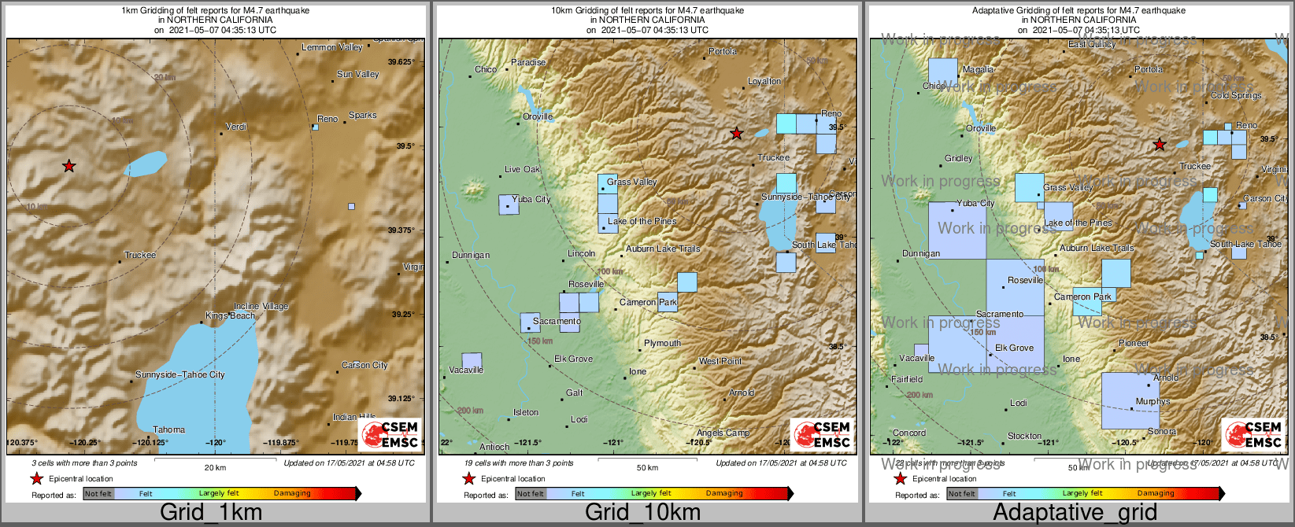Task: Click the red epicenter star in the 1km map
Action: (69, 166)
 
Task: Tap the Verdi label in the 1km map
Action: (236, 127)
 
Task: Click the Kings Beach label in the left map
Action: (230, 315)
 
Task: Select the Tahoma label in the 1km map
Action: (168, 429)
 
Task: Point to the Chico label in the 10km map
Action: (486, 69)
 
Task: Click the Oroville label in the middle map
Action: (538, 116)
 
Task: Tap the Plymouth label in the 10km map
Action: (662, 343)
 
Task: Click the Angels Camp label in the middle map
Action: (723, 433)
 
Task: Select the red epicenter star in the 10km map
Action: (736, 134)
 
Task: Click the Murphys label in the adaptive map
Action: (1153, 401)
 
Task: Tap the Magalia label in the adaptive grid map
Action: (978, 69)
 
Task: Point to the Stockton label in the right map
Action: (1024, 436)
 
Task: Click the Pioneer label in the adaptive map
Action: (1134, 343)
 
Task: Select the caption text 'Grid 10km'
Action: (642, 513)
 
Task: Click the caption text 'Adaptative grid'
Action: (1075, 513)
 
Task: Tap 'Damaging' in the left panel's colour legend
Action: (292, 493)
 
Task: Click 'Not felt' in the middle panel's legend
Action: (530, 494)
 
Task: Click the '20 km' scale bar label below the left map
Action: (215, 468)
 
